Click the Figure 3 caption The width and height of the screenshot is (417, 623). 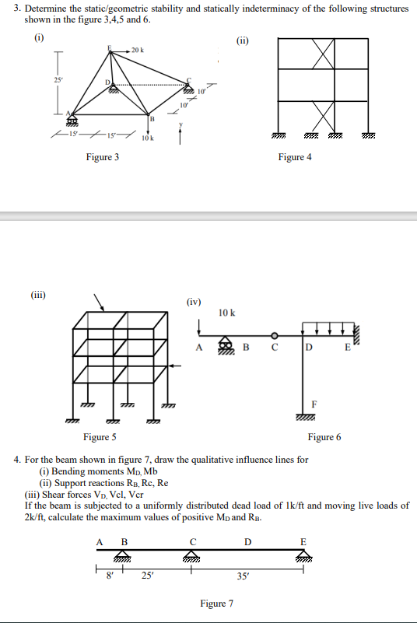point(103,157)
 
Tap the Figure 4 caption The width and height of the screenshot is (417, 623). point(295,157)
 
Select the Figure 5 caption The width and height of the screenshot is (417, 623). point(100,437)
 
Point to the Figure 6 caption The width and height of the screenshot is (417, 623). point(324,437)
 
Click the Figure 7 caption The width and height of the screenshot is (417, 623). point(216,603)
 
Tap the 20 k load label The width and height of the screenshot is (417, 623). point(138,49)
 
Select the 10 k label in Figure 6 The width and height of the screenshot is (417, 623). point(227,313)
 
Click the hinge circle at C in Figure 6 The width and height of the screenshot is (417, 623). point(272,337)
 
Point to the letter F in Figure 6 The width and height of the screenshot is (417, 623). point(313,404)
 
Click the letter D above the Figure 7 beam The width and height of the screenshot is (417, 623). point(248,541)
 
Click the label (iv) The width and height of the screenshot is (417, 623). point(194,301)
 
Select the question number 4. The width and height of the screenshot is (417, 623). point(17,460)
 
